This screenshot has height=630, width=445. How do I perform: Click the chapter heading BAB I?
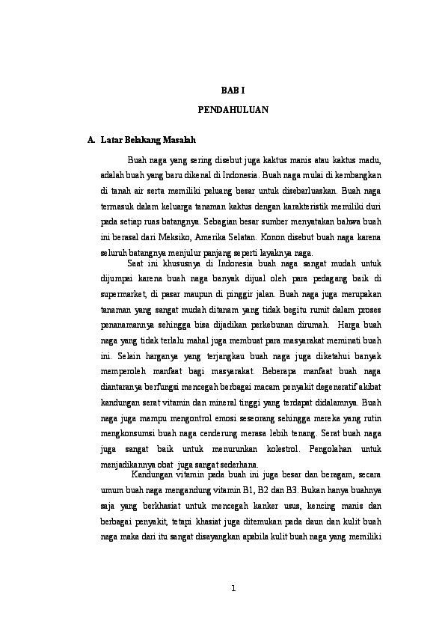[x=233, y=90]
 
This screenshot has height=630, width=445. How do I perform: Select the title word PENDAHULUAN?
[x=233, y=110]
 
